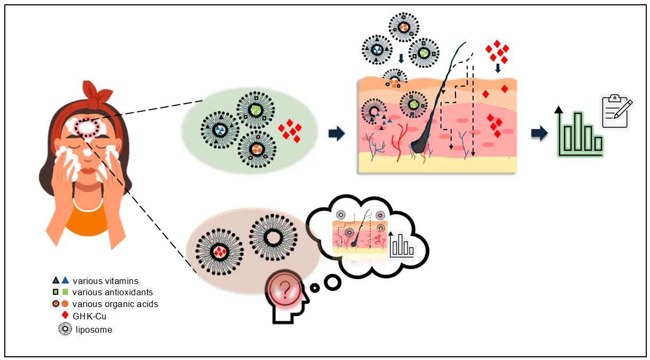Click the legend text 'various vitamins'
click(105, 281)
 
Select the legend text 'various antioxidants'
click(112, 292)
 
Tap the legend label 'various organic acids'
click(115, 304)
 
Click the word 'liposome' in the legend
click(94, 330)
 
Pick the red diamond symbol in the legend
click(65, 315)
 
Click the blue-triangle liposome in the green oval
click(220, 130)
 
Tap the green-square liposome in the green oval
click(257, 111)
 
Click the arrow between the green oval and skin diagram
click(336, 134)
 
